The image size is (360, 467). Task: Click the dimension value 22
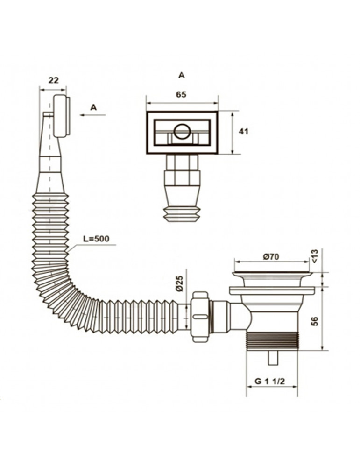(x=54, y=80)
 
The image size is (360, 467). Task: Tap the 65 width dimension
(x=181, y=95)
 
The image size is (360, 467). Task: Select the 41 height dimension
(x=244, y=131)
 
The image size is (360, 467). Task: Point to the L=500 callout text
(x=96, y=239)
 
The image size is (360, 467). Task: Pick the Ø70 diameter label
(x=271, y=257)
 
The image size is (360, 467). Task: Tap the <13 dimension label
(x=315, y=256)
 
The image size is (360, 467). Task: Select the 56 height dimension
(x=315, y=321)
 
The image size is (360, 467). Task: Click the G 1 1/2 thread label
(x=270, y=381)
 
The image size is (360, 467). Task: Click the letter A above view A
(x=181, y=75)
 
